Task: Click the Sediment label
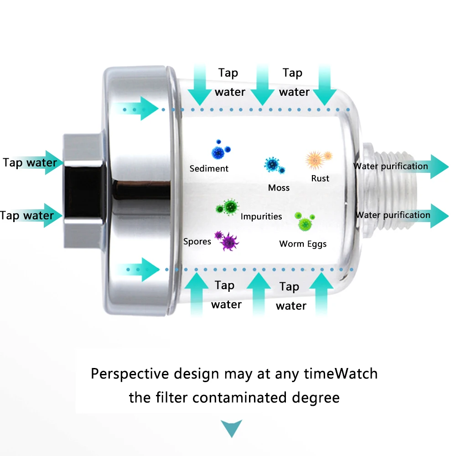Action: click(209, 169)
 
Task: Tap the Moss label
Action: click(279, 188)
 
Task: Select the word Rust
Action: click(320, 178)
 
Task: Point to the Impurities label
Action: click(261, 217)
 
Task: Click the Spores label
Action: click(197, 241)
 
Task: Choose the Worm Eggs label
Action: click(303, 244)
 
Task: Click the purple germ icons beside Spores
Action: click(227, 240)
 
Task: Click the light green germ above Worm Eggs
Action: click(304, 221)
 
